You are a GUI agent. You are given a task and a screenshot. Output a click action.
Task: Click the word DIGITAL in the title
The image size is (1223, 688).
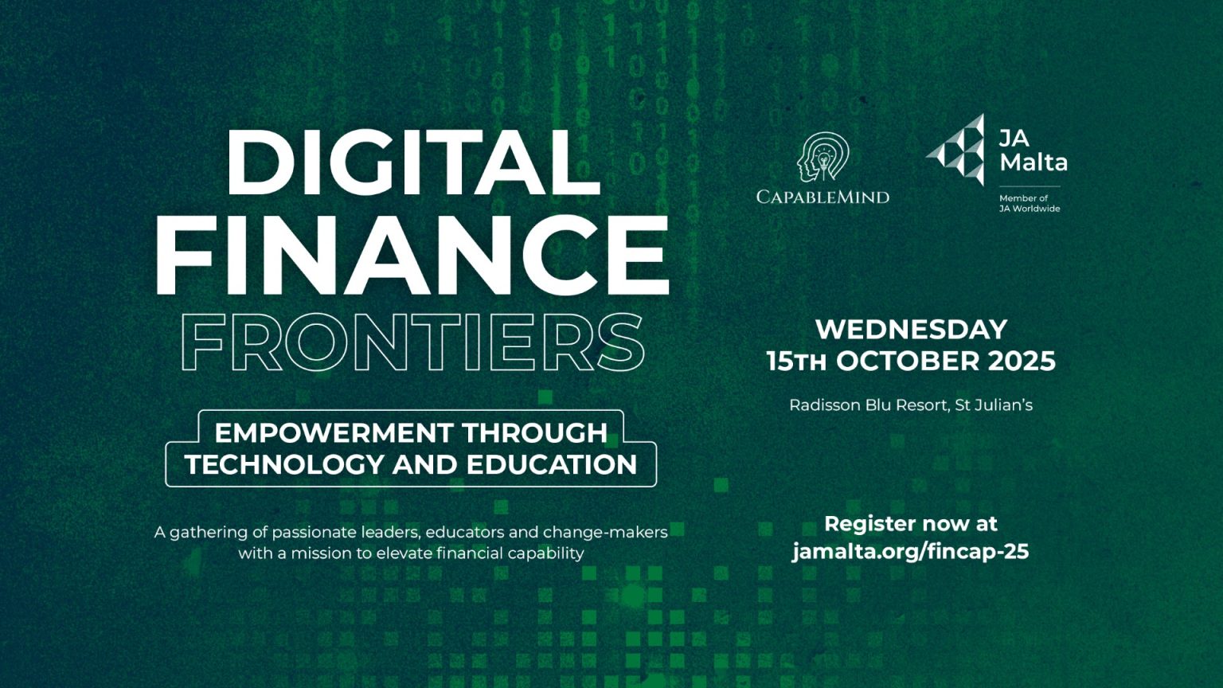tap(413, 162)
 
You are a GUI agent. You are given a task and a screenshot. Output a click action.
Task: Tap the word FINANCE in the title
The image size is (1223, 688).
tap(412, 255)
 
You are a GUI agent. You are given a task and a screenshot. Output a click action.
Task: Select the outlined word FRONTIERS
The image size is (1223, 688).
tap(412, 342)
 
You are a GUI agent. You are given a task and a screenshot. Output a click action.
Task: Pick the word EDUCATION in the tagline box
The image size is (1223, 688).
tap(552, 465)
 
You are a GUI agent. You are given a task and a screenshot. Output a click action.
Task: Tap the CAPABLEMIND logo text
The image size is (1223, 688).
tap(822, 197)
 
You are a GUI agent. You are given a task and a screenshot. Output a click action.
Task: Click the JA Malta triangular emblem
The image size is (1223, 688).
tap(955, 149)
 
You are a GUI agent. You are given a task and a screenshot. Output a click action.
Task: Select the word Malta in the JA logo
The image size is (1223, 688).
tap(1033, 162)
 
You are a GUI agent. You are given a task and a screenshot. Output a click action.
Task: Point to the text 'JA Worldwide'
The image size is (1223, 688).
tap(1030, 209)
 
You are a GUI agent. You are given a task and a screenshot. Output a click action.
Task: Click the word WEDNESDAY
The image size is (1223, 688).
tap(911, 329)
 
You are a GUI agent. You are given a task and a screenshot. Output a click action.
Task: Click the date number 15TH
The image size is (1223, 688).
tap(796, 362)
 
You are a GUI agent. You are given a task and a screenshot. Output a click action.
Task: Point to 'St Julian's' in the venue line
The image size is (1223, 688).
tap(994, 405)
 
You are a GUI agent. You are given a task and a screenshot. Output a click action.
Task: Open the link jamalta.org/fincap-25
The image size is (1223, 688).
tap(911, 552)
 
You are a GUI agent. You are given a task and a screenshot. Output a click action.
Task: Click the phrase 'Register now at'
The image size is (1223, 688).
tap(911, 524)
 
